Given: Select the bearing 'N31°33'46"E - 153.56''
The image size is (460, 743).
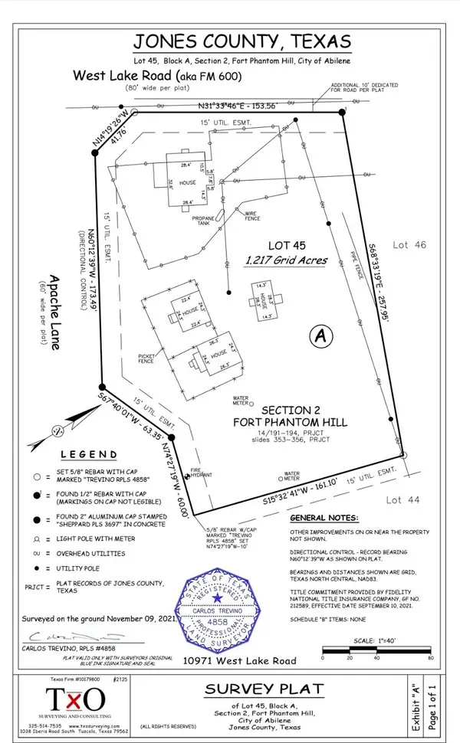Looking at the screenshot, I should coord(236,106).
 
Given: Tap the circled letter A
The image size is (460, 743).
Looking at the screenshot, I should coord(321,335).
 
